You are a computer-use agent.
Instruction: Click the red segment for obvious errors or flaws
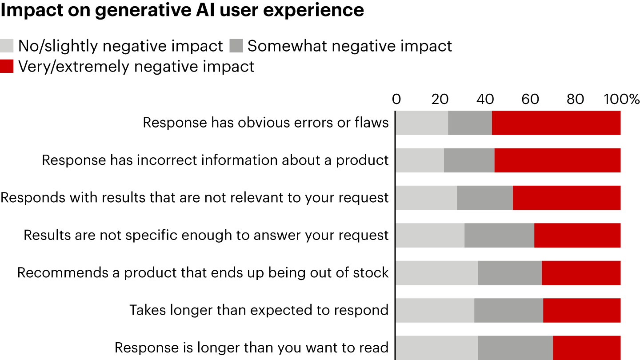point(556,123)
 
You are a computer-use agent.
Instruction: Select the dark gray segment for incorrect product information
point(469,160)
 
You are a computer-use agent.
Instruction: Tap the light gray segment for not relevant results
point(426,198)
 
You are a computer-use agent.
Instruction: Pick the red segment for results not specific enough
point(577,235)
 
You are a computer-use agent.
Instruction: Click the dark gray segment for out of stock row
point(510,272)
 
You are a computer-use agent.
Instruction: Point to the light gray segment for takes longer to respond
point(435,310)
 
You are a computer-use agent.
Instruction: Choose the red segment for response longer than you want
point(586,347)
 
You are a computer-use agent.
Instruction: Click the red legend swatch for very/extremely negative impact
point(7,66)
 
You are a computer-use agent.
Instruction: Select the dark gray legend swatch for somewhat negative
point(236,46)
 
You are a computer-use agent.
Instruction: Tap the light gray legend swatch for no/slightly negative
point(7,46)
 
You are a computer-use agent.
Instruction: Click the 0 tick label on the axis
point(396,99)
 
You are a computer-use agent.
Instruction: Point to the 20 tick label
point(440,99)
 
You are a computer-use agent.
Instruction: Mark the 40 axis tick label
point(485,99)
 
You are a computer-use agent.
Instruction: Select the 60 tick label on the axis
point(531,99)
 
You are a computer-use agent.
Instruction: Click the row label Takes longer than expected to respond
point(259,310)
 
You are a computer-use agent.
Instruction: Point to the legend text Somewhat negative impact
point(349,46)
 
